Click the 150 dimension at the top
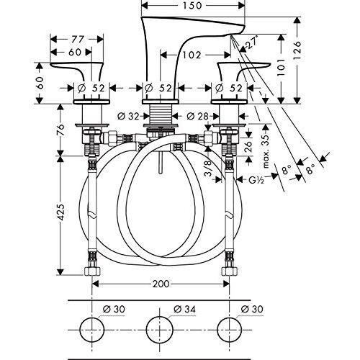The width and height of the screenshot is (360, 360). (192, 5)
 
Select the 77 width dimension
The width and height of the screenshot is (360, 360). (78, 39)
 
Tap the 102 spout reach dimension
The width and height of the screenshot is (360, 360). (192, 55)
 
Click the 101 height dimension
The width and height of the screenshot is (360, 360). (281, 67)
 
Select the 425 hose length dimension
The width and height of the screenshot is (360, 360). (60, 212)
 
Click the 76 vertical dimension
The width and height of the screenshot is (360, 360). (60, 130)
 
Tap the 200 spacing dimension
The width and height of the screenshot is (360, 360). (161, 284)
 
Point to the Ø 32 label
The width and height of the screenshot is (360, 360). (128, 117)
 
